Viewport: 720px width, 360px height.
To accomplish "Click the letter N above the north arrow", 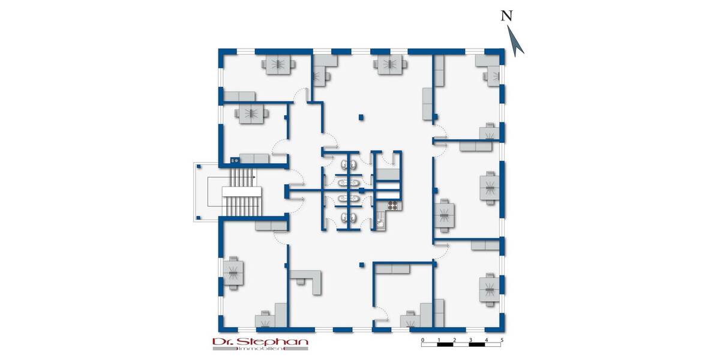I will click(507, 16).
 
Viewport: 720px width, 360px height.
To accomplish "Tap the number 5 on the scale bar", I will click(502, 340).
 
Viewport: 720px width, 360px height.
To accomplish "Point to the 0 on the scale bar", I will click(423, 340).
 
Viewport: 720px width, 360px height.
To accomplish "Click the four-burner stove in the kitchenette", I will click(393, 206).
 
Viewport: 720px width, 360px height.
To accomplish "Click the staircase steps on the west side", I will click(243, 191).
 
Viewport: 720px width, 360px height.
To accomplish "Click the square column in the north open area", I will click(361, 117).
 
